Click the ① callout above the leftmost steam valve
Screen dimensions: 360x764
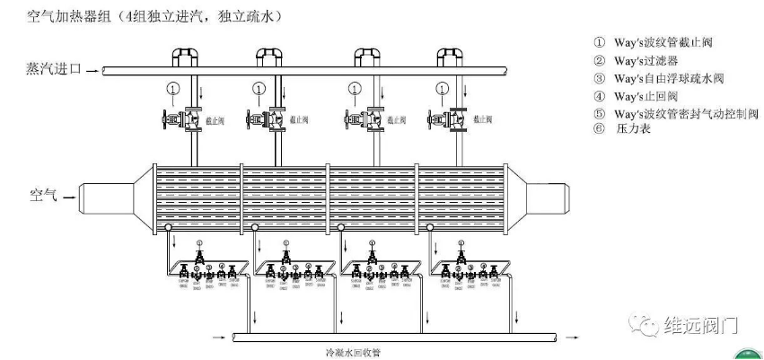click(x=173, y=89)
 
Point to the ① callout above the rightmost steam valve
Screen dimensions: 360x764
click(x=443, y=89)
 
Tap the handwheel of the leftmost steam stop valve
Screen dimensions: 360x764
click(x=166, y=119)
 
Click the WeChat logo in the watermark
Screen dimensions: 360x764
click(x=645, y=321)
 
